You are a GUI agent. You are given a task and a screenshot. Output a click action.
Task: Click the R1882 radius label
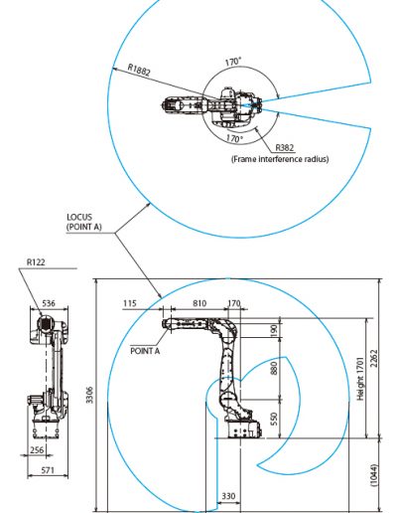(139, 70)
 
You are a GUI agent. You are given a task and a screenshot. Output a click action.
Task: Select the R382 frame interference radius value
(285, 147)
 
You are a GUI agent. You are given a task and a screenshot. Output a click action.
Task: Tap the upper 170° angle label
(233, 62)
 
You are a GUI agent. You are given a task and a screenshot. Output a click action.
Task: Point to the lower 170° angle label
(234, 138)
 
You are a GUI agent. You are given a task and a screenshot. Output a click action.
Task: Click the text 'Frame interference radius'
(280, 159)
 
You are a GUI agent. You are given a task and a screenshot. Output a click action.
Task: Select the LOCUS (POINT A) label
(84, 222)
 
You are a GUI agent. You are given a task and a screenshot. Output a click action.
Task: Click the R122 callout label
(36, 262)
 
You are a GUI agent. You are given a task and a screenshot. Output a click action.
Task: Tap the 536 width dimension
(49, 303)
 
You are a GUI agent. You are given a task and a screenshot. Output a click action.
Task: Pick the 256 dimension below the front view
(37, 450)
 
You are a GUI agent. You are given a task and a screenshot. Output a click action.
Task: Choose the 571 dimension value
(48, 470)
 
